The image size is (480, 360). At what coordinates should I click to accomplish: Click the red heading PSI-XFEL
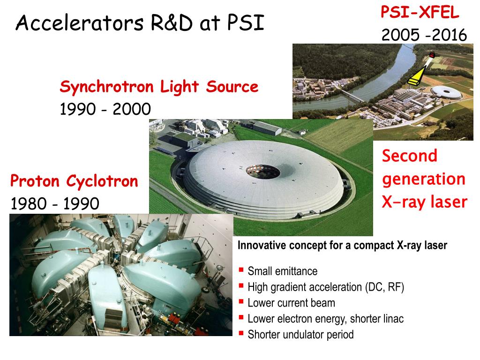420,13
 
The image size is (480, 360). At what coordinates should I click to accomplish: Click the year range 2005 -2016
424,35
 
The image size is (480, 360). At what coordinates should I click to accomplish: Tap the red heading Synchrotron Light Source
159,87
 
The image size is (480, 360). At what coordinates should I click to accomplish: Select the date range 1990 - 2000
105,109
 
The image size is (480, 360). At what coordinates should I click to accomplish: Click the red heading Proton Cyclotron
74,181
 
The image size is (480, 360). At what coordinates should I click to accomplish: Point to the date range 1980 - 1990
55,203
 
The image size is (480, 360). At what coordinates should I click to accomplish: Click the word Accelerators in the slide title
79,23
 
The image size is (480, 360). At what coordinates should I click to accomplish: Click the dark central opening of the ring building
263,172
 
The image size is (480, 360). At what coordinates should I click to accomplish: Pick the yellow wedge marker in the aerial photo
417,76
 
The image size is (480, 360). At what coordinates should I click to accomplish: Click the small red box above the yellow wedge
432,55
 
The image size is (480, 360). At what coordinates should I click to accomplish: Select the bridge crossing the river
352,96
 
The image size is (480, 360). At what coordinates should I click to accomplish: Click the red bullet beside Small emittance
241,270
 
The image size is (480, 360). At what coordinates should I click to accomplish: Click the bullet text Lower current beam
292,303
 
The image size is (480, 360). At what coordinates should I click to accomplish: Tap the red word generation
424,180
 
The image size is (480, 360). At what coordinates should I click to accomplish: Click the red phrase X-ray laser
425,202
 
